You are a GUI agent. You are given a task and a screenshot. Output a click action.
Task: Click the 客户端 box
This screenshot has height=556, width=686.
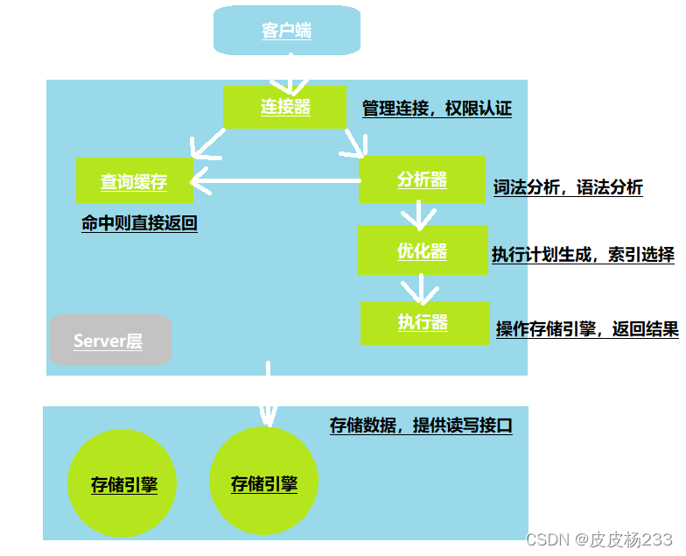tap(286, 30)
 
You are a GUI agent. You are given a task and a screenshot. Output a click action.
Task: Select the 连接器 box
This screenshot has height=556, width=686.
tap(285, 107)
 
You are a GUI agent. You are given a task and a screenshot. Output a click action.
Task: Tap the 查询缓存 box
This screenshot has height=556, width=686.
tap(134, 180)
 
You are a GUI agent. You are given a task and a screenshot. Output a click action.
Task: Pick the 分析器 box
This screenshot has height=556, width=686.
tap(422, 179)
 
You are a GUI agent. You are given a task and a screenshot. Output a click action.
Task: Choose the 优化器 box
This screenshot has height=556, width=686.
tap(422, 250)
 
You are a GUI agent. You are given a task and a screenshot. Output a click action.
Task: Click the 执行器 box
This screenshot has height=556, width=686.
tap(423, 321)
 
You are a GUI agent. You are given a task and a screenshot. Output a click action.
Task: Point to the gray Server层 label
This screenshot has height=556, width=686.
tap(108, 340)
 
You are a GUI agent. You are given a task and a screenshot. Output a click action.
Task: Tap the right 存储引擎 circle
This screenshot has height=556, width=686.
tap(264, 482)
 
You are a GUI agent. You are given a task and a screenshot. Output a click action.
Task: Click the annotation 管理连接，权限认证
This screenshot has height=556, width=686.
tap(437, 109)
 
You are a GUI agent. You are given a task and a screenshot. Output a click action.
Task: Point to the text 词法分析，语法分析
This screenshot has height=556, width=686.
tap(568, 187)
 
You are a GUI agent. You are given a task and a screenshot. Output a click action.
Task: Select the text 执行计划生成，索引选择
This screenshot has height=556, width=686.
tap(583, 255)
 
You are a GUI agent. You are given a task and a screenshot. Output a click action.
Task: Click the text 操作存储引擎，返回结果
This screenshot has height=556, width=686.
tap(587, 329)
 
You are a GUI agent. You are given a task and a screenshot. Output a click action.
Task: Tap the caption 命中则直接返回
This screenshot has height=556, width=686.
tap(139, 223)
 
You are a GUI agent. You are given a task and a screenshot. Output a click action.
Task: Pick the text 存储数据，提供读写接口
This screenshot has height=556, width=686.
tap(420, 426)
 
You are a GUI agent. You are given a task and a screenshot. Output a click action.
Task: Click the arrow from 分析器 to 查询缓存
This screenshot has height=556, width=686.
tap(276, 181)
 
